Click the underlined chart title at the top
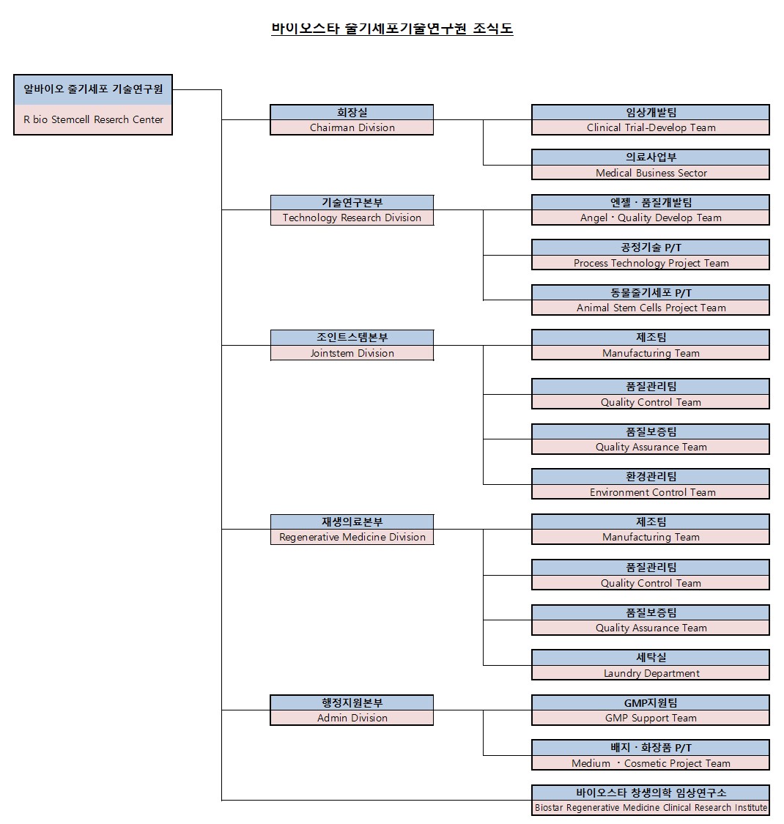tap(392, 29)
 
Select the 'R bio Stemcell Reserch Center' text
tap(94, 119)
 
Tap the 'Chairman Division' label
tap(352, 127)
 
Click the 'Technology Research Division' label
tap(352, 218)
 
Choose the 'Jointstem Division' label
tap(352, 353)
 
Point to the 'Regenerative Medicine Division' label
tap(352, 537)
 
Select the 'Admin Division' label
tap(352, 718)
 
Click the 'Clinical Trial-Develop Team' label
tap(651, 127)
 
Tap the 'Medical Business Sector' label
tap(651, 173)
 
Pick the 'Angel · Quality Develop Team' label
tap(651, 218)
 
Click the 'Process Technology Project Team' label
tap(651, 263)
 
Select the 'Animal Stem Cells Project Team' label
tap(651, 308)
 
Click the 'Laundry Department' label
tap(651, 673)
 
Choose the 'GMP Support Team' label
tap(651, 718)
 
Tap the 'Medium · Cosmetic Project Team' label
tap(651, 763)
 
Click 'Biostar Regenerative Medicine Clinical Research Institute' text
tap(651, 808)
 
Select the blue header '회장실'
tap(352, 112)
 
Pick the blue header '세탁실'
tap(651, 658)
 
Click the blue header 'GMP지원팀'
tap(651, 703)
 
